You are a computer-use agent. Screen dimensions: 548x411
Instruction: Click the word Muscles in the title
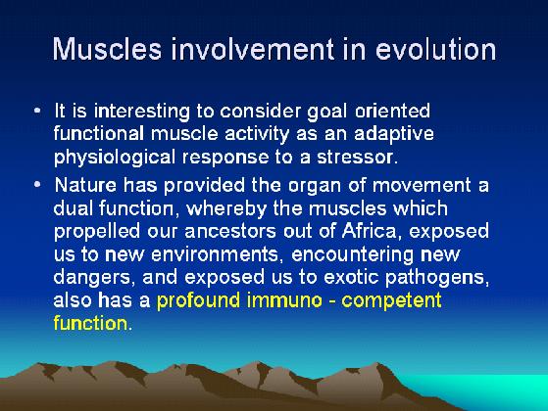coord(107,49)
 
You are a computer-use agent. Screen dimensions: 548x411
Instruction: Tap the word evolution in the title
coord(436,49)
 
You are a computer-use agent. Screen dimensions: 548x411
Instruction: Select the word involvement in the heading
coord(253,49)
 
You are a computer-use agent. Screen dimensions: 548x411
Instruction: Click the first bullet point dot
coord(37,111)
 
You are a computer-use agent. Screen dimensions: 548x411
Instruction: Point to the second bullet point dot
coord(37,184)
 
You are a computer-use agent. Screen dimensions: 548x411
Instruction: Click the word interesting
coord(142,112)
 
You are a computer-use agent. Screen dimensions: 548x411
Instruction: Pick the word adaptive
coord(394,135)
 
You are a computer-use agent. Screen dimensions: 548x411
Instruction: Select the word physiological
coord(115,158)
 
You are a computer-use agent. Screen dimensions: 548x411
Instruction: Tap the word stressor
coord(355,158)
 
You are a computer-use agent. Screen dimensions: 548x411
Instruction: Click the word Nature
coord(85,185)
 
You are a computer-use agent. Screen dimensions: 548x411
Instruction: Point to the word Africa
coord(370,231)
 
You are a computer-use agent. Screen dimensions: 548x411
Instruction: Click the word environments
coord(215,254)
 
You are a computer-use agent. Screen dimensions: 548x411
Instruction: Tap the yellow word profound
coord(198,300)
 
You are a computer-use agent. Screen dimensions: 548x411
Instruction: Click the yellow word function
coord(90,323)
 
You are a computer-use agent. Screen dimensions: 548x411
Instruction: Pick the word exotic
coord(351,277)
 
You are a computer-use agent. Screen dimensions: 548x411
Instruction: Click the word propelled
coord(97,232)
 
